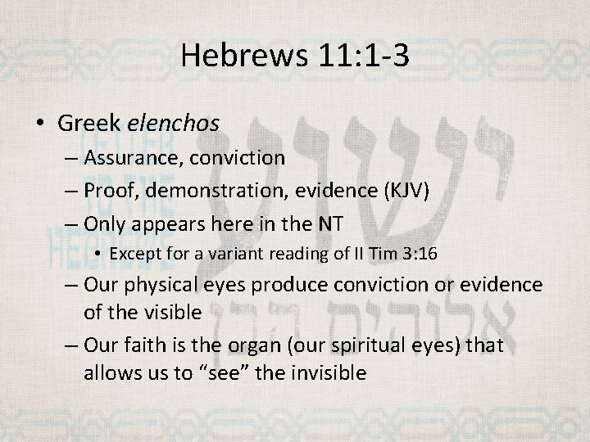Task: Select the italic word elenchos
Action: pos(174,124)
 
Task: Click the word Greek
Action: pos(90,124)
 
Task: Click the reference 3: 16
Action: pos(418,254)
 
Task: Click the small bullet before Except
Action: pos(98,254)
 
